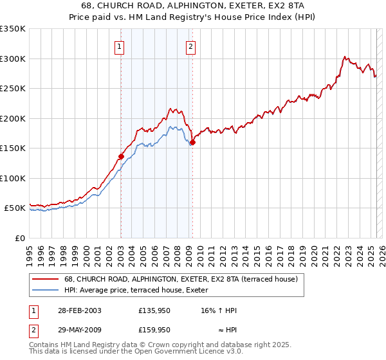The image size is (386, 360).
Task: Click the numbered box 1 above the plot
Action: (x=120, y=46)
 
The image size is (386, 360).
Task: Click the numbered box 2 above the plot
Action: (x=192, y=46)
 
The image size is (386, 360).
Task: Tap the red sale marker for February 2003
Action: (x=121, y=156)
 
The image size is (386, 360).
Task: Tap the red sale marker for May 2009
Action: (x=192, y=143)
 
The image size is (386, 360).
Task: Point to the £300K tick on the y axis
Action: (x=13, y=59)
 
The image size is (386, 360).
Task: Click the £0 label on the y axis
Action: (x=19, y=238)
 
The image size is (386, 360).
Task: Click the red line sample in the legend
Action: (x=45, y=279)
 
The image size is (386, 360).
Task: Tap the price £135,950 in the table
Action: (x=154, y=310)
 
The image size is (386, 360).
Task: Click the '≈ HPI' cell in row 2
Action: (x=227, y=329)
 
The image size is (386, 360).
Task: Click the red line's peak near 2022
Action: (x=345, y=57)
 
